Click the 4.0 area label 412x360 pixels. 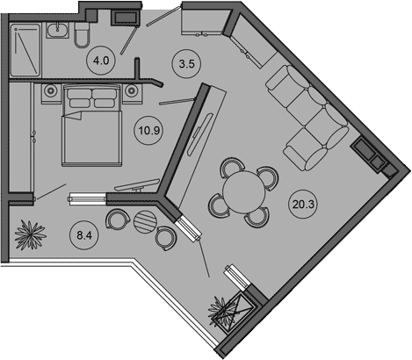pyautogui.click(x=101, y=61)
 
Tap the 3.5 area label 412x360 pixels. pyautogui.click(x=186, y=63)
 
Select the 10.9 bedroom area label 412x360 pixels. pyautogui.click(x=149, y=130)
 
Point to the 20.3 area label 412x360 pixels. pyautogui.click(x=303, y=204)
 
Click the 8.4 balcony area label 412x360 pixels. pyautogui.click(x=84, y=235)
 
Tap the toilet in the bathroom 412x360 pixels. pyautogui.click(x=82, y=34)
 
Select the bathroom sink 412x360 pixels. pyautogui.click(x=57, y=30)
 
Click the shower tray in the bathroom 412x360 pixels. pyautogui.click(x=25, y=49)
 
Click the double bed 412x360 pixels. pyautogui.click(x=92, y=126)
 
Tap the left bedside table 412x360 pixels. pyautogui.click(x=51, y=94)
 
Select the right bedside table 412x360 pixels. pyautogui.click(x=133, y=94)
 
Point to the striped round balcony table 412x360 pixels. pyautogui.click(x=144, y=221)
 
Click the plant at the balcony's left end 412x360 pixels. pyautogui.click(x=30, y=235)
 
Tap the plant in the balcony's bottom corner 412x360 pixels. pyautogui.click(x=222, y=311)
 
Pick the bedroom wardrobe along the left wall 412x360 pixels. pyautogui.click(x=21, y=137)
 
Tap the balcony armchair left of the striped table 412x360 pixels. pyautogui.click(x=118, y=219)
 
